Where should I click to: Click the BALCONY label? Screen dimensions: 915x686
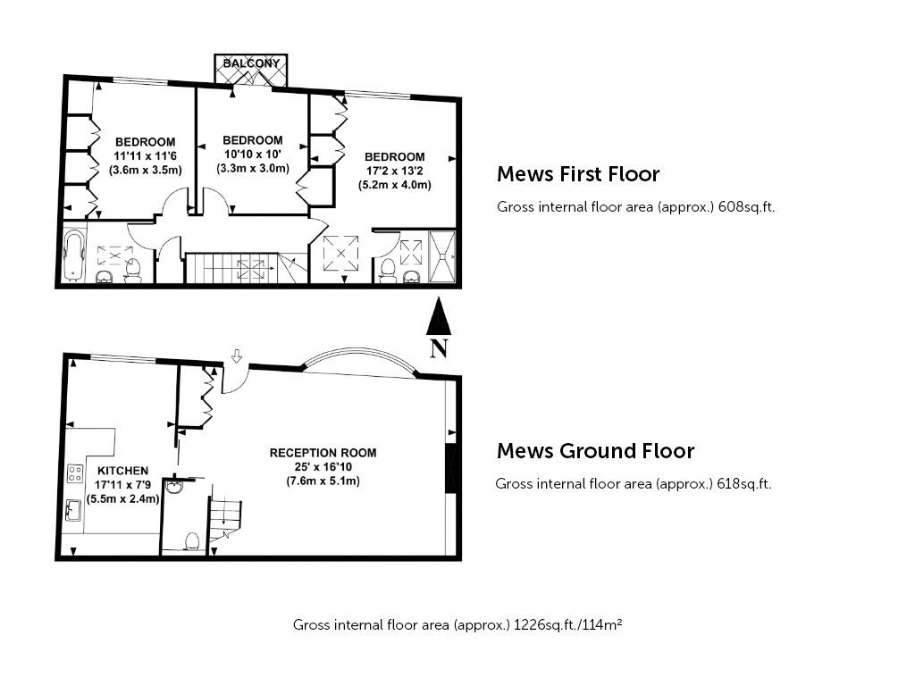click(x=251, y=63)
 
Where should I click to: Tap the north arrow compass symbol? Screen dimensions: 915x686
click(x=439, y=327)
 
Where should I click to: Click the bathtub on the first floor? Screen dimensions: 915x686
click(x=74, y=255)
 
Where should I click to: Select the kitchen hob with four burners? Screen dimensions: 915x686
click(x=75, y=473)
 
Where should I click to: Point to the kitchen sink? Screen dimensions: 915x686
click(x=73, y=510)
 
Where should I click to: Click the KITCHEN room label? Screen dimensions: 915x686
click(x=122, y=471)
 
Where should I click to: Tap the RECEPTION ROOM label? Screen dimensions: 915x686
click(x=323, y=453)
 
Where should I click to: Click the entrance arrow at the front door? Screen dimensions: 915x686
click(x=236, y=356)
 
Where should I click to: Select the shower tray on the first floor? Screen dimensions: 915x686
click(x=441, y=256)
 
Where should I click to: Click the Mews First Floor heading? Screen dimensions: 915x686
click(x=578, y=174)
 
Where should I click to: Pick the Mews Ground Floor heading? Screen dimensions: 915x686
click(x=595, y=451)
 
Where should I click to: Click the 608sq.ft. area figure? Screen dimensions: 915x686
click(x=746, y=207)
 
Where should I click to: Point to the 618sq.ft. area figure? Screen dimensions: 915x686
click(x=743, y=484)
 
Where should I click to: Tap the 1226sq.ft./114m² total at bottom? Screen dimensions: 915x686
click(x=567, y=624)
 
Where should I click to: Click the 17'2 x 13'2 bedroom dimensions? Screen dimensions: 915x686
click(x=394, y=171)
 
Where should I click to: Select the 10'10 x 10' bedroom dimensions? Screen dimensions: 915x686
click(x=253, y=154)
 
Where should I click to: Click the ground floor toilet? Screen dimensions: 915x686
click(x=192, y=541)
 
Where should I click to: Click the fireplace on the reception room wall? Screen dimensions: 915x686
click(x=450, y=469)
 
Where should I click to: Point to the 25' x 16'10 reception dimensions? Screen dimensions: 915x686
click(x=323, y=466)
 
